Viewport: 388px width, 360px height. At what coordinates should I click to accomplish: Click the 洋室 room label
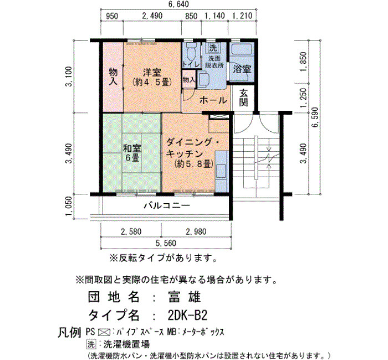[152, 73]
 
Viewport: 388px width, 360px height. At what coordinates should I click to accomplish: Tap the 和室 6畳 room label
[132, 153]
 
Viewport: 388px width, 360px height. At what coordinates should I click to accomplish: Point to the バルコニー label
[167, 205]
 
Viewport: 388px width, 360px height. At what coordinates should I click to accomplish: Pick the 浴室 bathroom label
[242, 69]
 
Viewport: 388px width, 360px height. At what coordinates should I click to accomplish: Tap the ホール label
[213, 100]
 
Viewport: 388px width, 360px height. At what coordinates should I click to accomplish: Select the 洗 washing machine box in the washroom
[212, 48]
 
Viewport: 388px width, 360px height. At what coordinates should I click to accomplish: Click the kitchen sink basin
[221, 171]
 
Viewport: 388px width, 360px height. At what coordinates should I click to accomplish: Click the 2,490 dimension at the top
[152, 16]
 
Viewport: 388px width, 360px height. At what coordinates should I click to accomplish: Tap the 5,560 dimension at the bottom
[166, 243]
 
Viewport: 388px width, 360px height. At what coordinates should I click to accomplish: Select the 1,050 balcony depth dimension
[69, 205]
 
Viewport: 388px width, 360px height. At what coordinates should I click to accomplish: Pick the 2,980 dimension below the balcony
[196, 232]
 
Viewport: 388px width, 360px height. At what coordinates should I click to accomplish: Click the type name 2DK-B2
[187, 315]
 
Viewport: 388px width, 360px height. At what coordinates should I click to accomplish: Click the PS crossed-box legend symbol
[104, 332]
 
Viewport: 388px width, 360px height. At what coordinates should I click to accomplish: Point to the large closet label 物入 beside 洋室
[113, 77]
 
